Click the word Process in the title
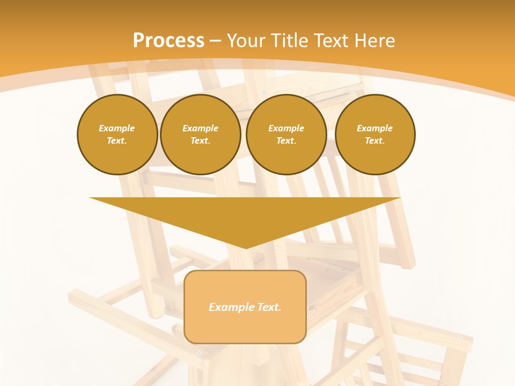pyautogui.click(x=168, y=40)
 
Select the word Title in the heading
pyautogui.click(x=290, y=40)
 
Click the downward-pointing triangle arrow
pyautogui.click(x=245, y=214)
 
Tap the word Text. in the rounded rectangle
pyautogui.click(x=269, y=307)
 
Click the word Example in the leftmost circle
pyautogui.click(x=117, y=128)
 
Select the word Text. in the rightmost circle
pyautogui.click(x=375, y=141)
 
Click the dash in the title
pyautogui.click(x=215, y=40)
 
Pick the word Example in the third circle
pyautogui.click(x=286, y=128)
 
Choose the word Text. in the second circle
pyautogui.click(x=200, y=141)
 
